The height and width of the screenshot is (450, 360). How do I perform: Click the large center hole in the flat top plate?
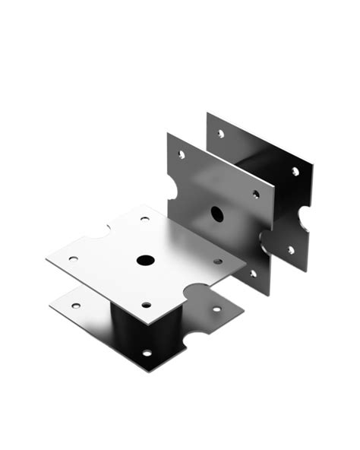(x=145, y=260)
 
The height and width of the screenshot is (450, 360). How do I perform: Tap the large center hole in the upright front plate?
(x=217, y=214)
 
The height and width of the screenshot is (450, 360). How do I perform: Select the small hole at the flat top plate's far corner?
(x=144, y=219)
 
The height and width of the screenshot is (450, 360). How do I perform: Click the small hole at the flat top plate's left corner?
(x=73, y=258)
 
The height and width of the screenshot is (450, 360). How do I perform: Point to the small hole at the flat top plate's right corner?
(x=217, y=261)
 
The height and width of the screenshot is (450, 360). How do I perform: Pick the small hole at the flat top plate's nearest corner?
(x=146, y=305)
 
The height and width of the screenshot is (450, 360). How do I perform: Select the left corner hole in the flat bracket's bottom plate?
(x=75, y=306)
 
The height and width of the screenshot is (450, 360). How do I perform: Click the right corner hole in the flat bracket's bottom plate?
(x=216, y=309)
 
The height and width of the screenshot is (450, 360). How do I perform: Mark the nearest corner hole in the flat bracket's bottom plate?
(x=147, y=353)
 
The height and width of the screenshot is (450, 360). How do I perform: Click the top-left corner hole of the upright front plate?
(x=181, y=154)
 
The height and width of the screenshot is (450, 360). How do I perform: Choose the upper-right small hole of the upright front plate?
(x=255, y=194)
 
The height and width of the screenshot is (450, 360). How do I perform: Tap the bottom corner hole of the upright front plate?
(x=254, y=274)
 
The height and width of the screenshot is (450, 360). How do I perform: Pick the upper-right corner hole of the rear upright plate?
(x=295, y=171)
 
